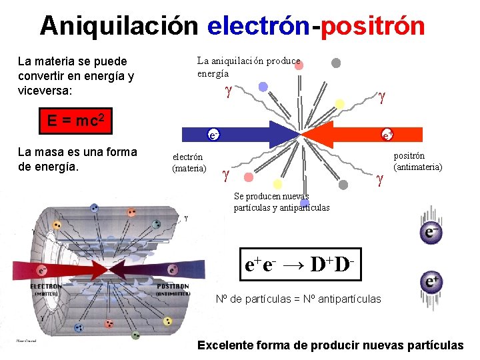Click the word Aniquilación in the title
(x=119, y=26)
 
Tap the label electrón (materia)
(x=189, y=163)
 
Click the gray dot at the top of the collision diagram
(x=337, y=63)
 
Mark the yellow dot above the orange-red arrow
(x=339, y=103)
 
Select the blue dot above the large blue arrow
(x=263, y=87)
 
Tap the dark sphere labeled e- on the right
(x=431, y=233)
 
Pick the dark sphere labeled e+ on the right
(x=431, y=282)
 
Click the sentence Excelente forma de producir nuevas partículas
(x=330, y=345)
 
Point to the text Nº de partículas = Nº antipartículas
(x=299, y=299)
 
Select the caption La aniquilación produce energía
(x=248, y=67)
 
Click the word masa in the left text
(x=57, y=152)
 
